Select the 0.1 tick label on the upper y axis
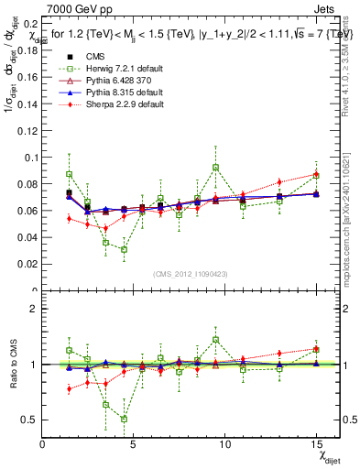30,157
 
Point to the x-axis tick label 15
316,445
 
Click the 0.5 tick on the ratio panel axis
30,420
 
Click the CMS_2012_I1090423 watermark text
191,274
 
